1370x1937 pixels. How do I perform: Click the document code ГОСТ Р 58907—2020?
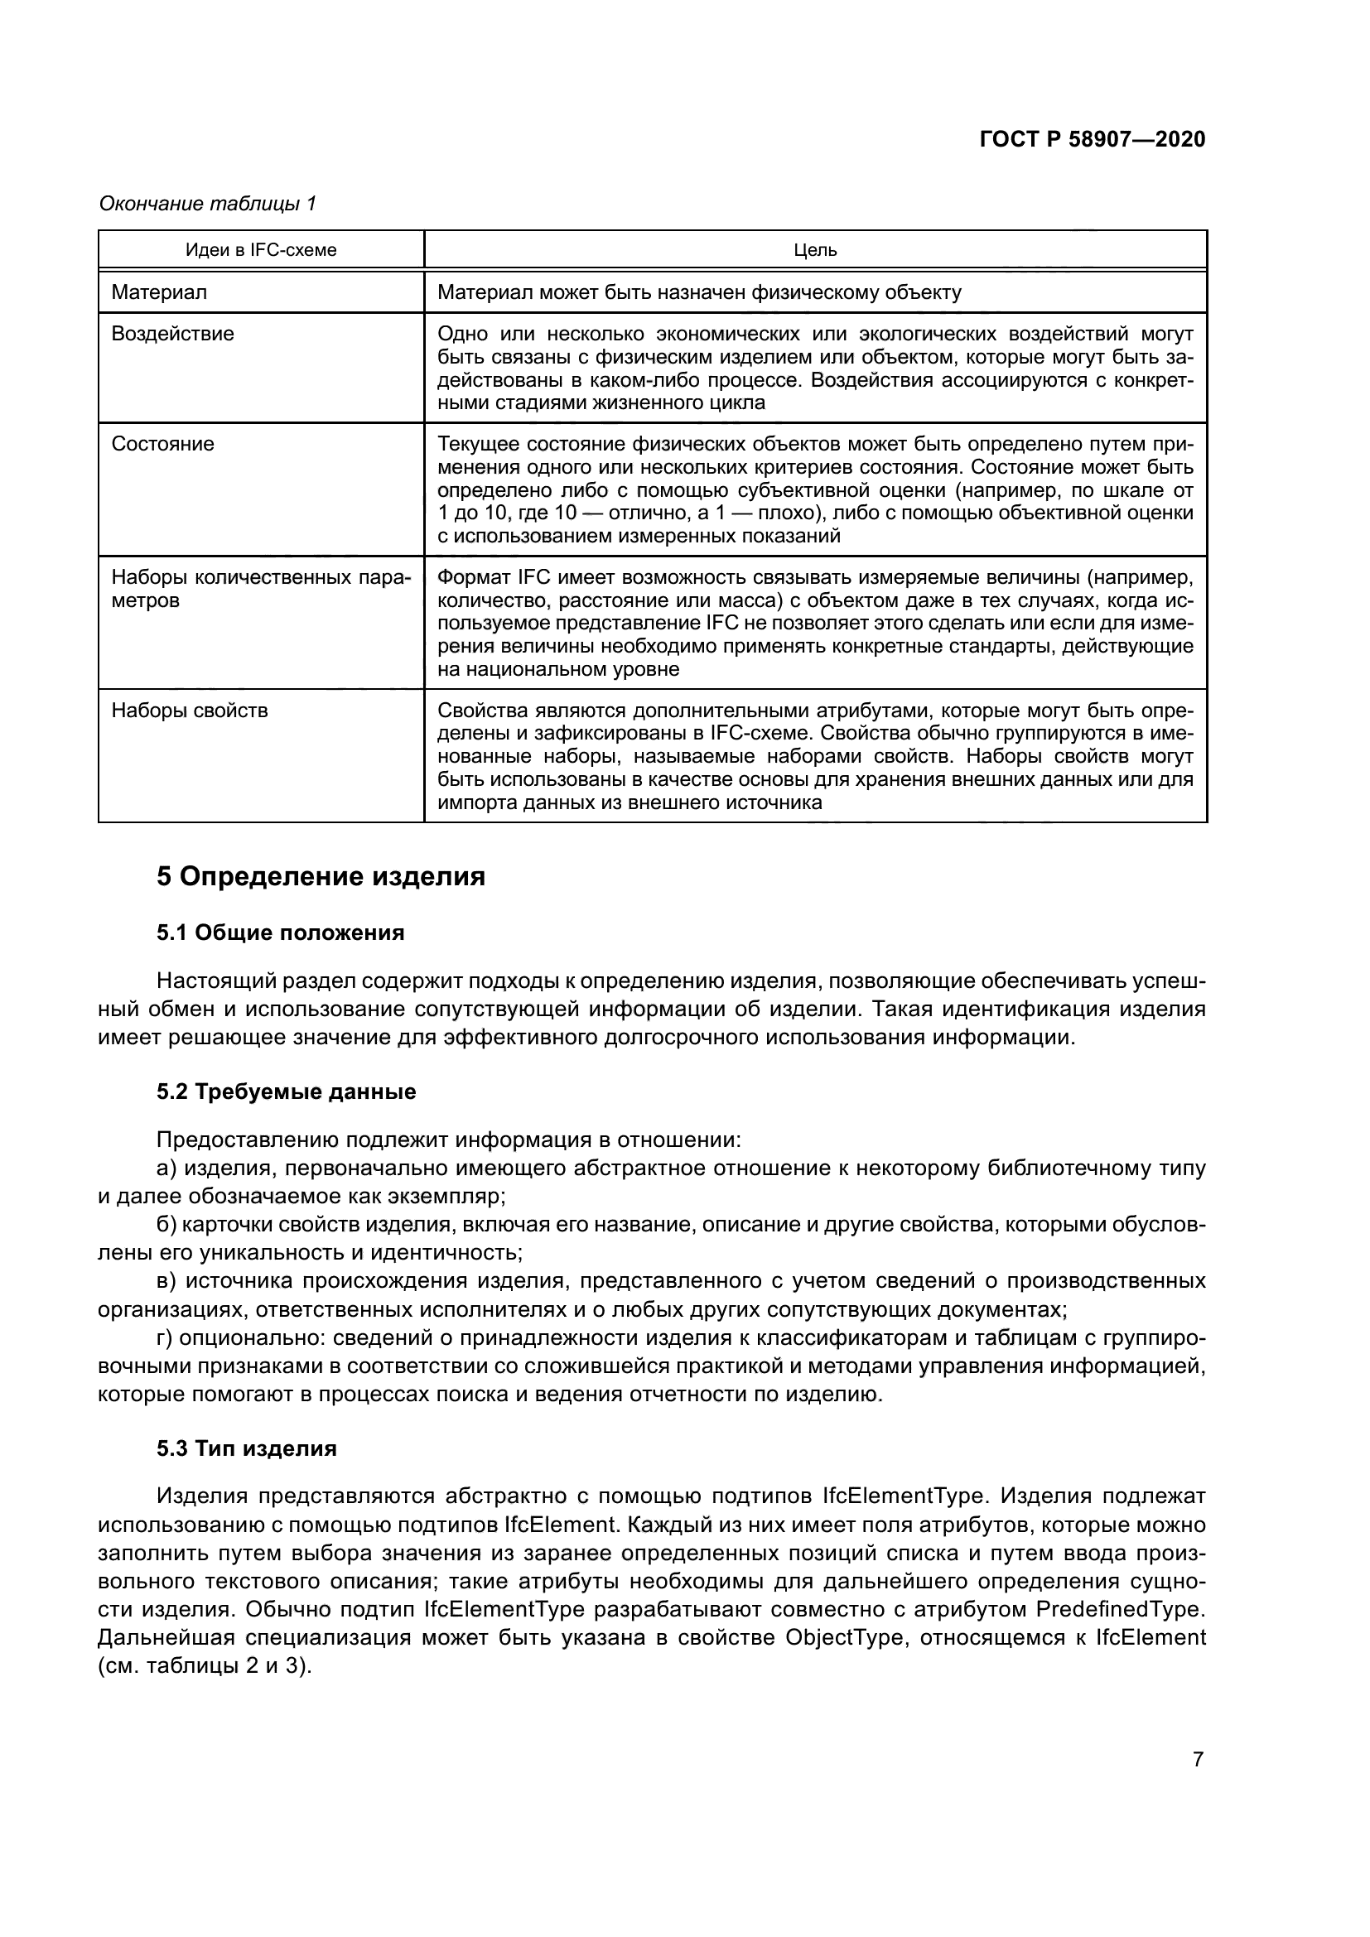pos(1092,139)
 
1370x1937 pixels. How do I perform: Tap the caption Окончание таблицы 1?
pos(207,204)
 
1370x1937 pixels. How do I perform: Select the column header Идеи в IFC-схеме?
pos(261,251)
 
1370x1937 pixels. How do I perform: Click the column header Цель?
pos(815,251)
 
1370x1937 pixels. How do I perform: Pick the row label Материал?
pos(159,292)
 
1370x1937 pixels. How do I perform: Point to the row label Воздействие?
pos(173,334)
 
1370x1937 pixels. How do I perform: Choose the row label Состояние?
pos(163,444)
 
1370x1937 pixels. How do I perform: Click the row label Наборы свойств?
pos(190,711)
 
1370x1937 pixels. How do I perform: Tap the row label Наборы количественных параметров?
pos(261,589)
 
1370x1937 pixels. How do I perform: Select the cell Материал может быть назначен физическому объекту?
pos(699,292)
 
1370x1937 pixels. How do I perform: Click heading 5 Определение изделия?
pos(321,876)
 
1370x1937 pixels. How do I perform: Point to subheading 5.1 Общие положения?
pos(280,932)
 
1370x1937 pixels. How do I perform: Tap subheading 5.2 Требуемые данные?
pos(286,1091)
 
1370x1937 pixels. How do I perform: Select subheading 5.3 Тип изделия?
pos(246,1448)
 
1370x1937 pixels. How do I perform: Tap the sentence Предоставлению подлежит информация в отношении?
pos(449,1140)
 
